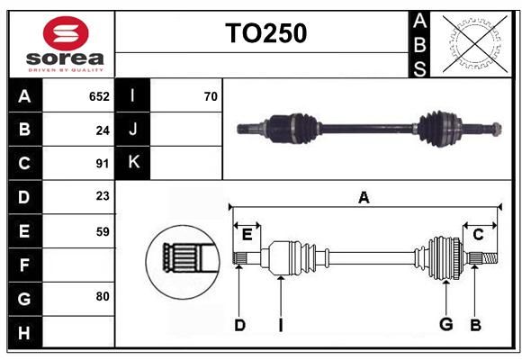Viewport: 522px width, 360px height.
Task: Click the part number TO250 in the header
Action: coord(266,33)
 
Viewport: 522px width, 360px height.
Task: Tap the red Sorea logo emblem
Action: coord(66,33)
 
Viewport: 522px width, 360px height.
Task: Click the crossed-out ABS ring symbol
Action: coord(475,44)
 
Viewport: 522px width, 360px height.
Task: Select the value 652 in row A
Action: coord(99,96)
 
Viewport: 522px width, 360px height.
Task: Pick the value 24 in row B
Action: coord(103,130)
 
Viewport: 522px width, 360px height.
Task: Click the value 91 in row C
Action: coord(103,164)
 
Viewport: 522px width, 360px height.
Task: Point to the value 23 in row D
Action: coord(103,196)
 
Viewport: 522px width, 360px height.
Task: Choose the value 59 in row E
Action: coord(103,231)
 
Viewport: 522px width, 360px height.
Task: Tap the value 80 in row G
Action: coord(103,296)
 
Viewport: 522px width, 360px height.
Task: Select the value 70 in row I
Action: coord(211,96)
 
